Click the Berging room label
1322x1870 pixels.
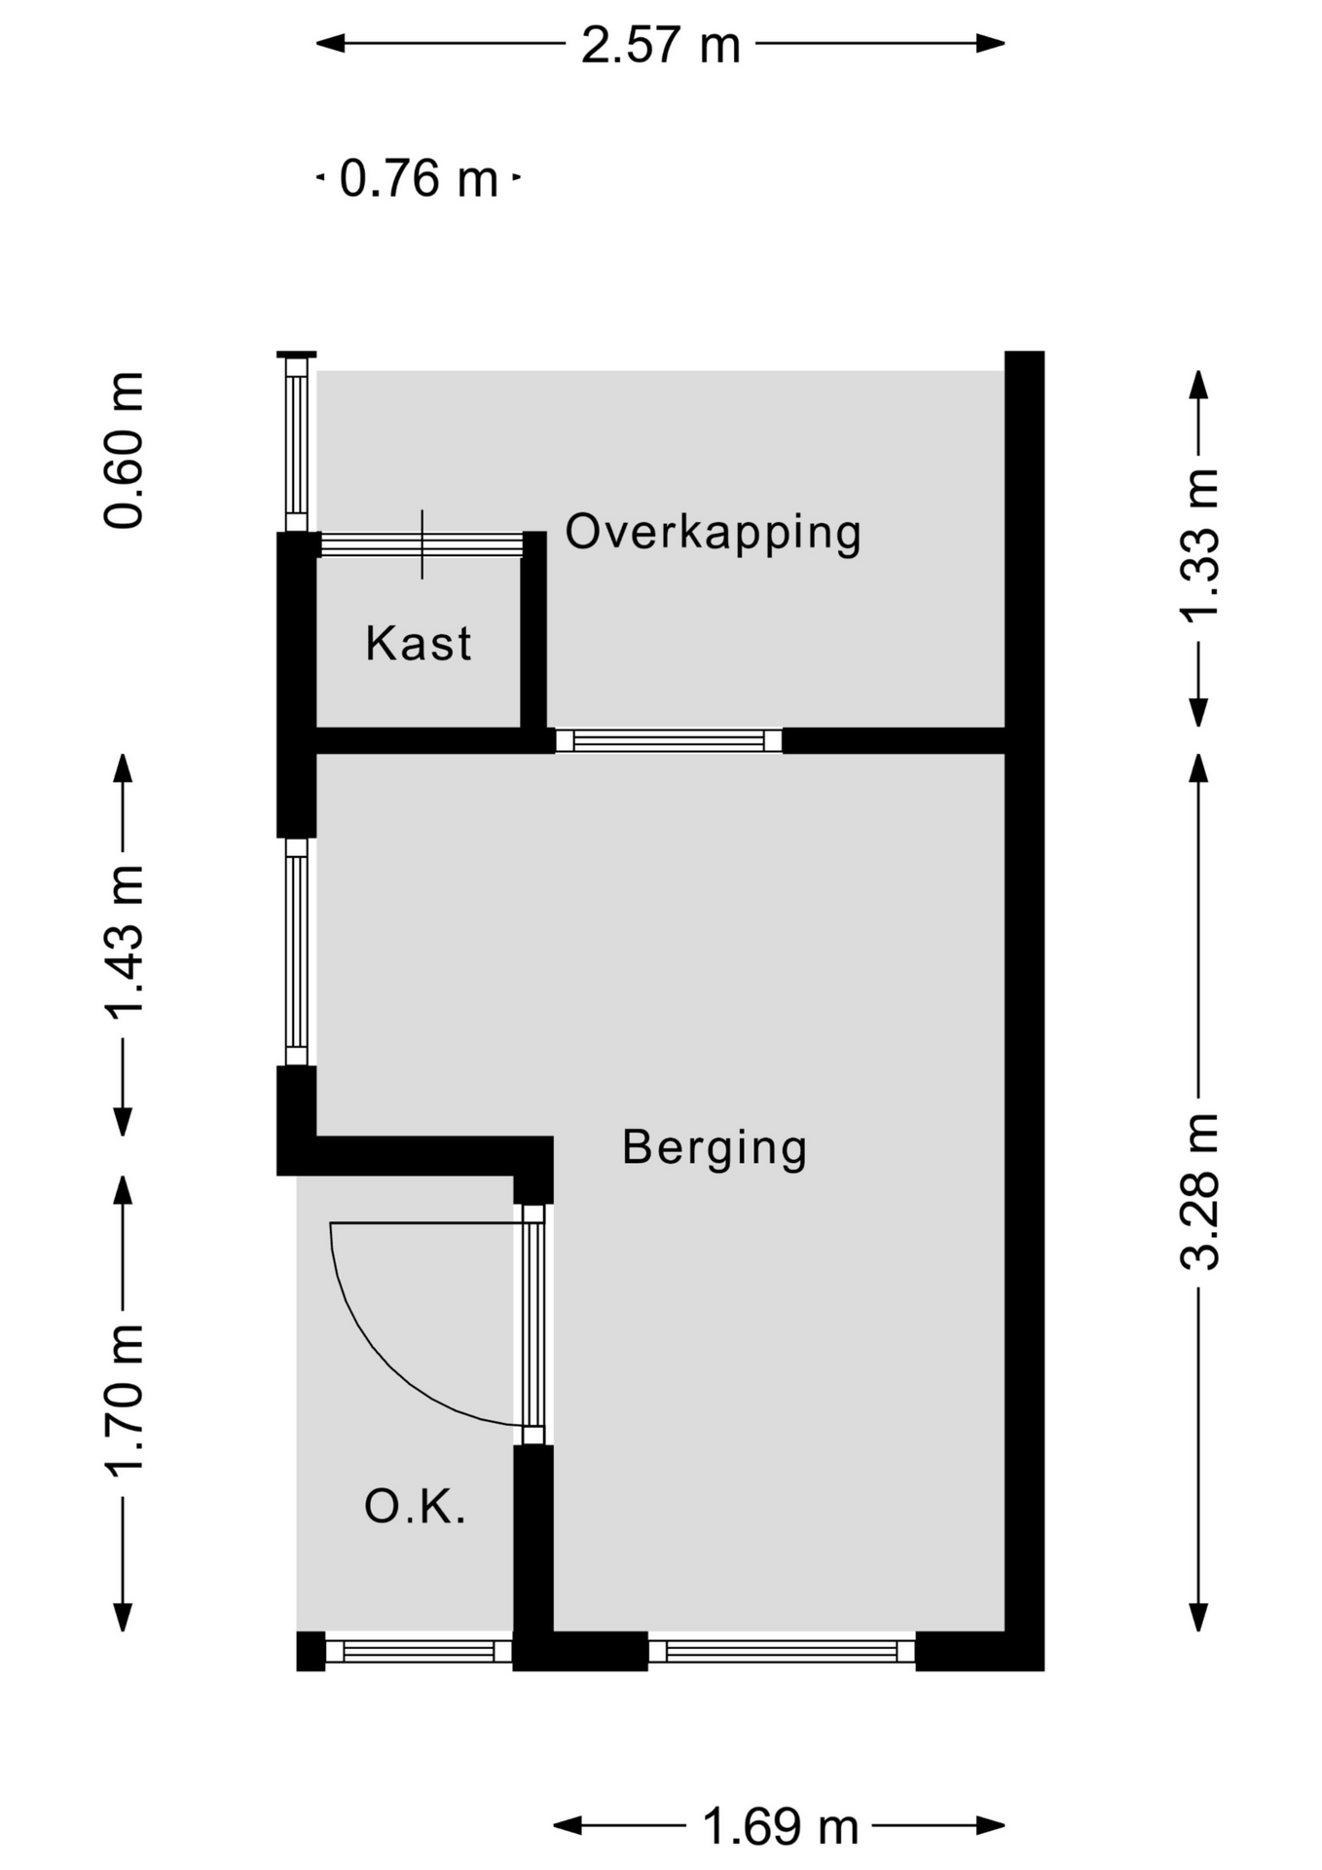click(715, 1149)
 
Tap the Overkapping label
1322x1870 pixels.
click(714, 534)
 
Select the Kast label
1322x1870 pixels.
click(419, 644)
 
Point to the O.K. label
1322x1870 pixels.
click(416, 1507)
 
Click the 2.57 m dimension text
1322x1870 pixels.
click(661, 45)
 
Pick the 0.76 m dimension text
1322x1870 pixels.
click(419, 179)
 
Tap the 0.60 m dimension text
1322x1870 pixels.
click(125, 450)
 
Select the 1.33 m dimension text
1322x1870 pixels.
click(1199, 544)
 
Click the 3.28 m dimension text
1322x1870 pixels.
click(1199, 1191)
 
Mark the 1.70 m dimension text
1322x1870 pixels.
click(125, 1401)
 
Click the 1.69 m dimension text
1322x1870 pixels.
click(781, 1827)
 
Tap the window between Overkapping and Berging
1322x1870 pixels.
click(669, 741)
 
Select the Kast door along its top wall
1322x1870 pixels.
click(422, 544)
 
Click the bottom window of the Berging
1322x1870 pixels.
click(782, 1651)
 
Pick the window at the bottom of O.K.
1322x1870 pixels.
click(419, 1651)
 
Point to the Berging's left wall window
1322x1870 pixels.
click(297, 953)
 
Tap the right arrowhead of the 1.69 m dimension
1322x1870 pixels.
click(990, 1826)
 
